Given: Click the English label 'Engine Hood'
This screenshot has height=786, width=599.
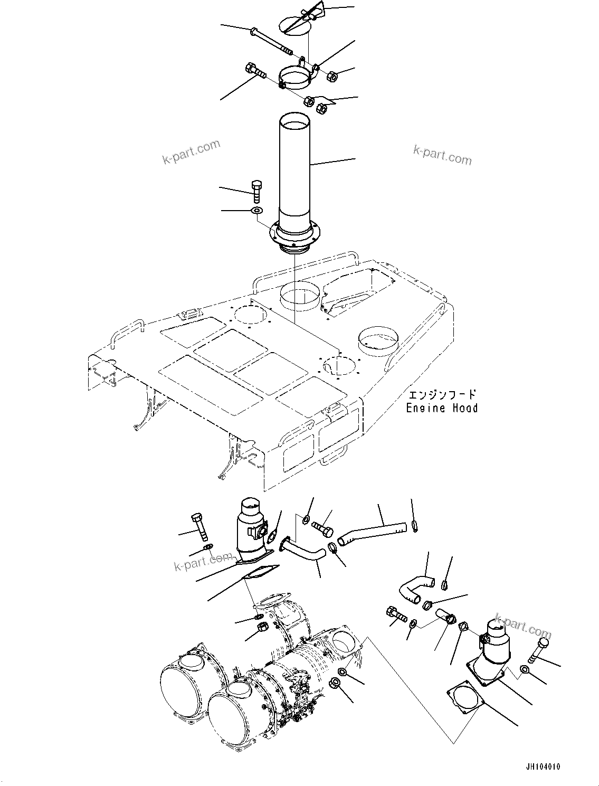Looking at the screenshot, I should (x=442, y=408).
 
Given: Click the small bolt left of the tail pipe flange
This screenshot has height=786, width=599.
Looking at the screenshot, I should (x=256, y=191).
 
